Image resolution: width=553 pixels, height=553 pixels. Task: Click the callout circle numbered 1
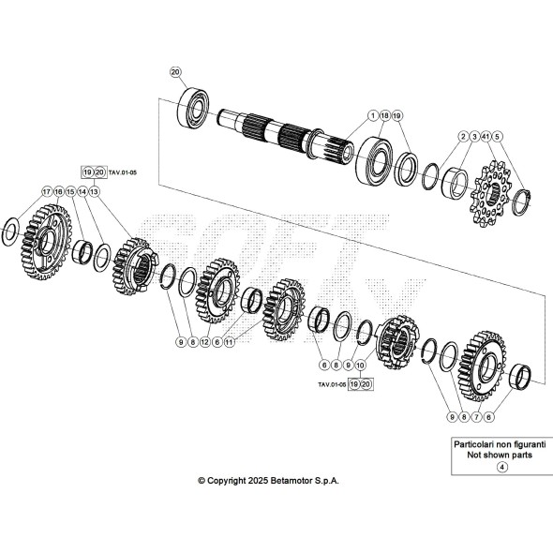point(372,115)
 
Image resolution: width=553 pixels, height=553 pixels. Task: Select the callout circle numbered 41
point(486,136)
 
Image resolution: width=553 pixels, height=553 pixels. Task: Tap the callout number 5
point(498,136)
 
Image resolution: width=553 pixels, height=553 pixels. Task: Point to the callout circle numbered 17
point(47,191)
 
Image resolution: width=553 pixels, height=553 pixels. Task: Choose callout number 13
point(94,191)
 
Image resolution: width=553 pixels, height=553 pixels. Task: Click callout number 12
point(205,342)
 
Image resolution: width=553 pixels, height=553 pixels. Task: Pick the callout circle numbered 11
point(230,342)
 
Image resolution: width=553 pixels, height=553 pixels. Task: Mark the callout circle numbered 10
point(360,365)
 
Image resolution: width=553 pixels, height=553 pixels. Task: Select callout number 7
point(476,417)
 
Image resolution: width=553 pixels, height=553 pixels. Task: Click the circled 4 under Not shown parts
point(501,467)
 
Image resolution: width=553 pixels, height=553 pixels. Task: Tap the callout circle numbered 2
point(463,136)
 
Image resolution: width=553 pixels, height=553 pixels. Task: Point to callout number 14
point(82,191)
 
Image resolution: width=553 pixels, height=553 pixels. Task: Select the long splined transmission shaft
point(285,135)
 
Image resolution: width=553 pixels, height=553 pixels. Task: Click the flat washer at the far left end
point(11,232)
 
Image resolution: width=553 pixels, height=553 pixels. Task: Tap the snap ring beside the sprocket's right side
point(522,202)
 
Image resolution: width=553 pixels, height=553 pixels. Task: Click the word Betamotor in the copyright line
point(288,480)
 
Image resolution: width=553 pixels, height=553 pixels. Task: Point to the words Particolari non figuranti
point(500,444)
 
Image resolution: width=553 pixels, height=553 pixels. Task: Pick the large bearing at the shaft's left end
point(192,107)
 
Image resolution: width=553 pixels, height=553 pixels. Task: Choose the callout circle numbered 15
point(70,191)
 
